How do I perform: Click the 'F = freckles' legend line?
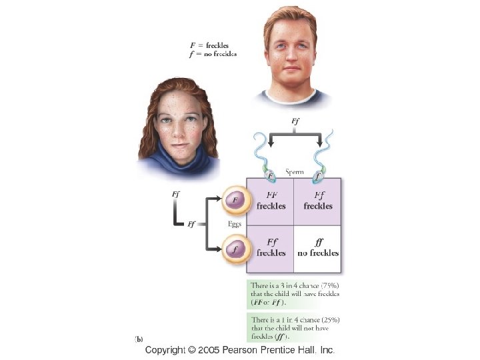point(209,45)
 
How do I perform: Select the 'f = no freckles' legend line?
point(213,53)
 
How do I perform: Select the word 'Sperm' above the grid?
point(295,172)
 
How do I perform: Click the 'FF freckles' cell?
point(271,201)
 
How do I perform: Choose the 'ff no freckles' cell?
point(318,248)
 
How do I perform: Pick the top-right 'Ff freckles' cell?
point(318,201)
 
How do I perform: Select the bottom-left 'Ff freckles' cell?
point(271,248)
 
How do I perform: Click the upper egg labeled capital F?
point(235,199)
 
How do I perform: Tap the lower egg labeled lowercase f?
point(235,250)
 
